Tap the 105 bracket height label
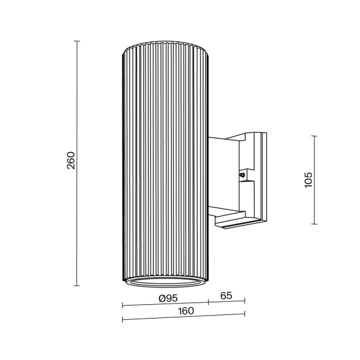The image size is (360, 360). (308, 180)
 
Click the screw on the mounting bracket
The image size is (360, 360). (242, 176)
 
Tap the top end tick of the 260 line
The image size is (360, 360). (77, 41)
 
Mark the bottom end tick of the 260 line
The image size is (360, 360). (77, 285)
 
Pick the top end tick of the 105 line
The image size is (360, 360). (316, 136)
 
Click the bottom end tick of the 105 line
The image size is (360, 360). (316, 224)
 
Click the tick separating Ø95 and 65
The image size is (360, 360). (208, 303)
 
